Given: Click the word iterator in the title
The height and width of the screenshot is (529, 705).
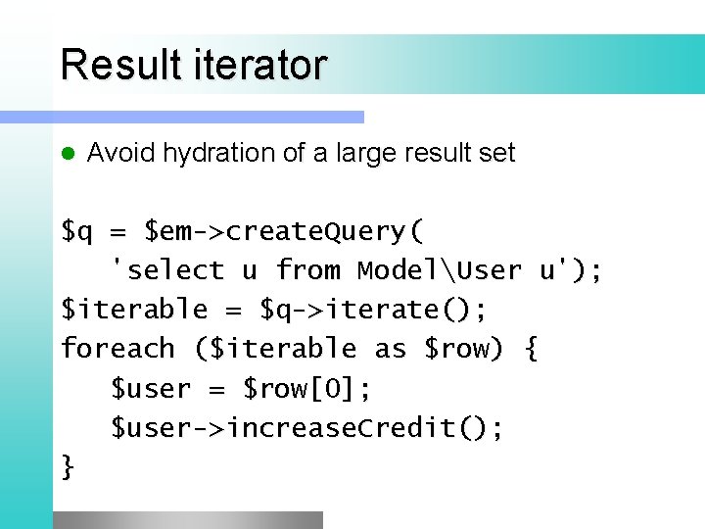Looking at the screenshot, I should point(262,66).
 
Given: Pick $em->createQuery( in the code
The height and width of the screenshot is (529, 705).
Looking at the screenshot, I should point(284,232).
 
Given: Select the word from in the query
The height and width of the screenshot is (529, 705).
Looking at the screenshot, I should point(309,270).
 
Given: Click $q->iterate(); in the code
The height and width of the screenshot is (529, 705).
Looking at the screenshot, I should point(373,310).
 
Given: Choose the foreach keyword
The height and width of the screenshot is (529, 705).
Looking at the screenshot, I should point(117,349).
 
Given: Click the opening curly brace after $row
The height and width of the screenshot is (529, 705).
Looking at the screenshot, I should point(531,349).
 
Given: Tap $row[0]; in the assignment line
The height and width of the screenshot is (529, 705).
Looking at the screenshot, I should point(307,389).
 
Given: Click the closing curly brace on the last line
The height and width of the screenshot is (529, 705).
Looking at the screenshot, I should point(68,467).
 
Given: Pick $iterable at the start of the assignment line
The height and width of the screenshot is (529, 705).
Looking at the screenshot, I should point(134,310).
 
